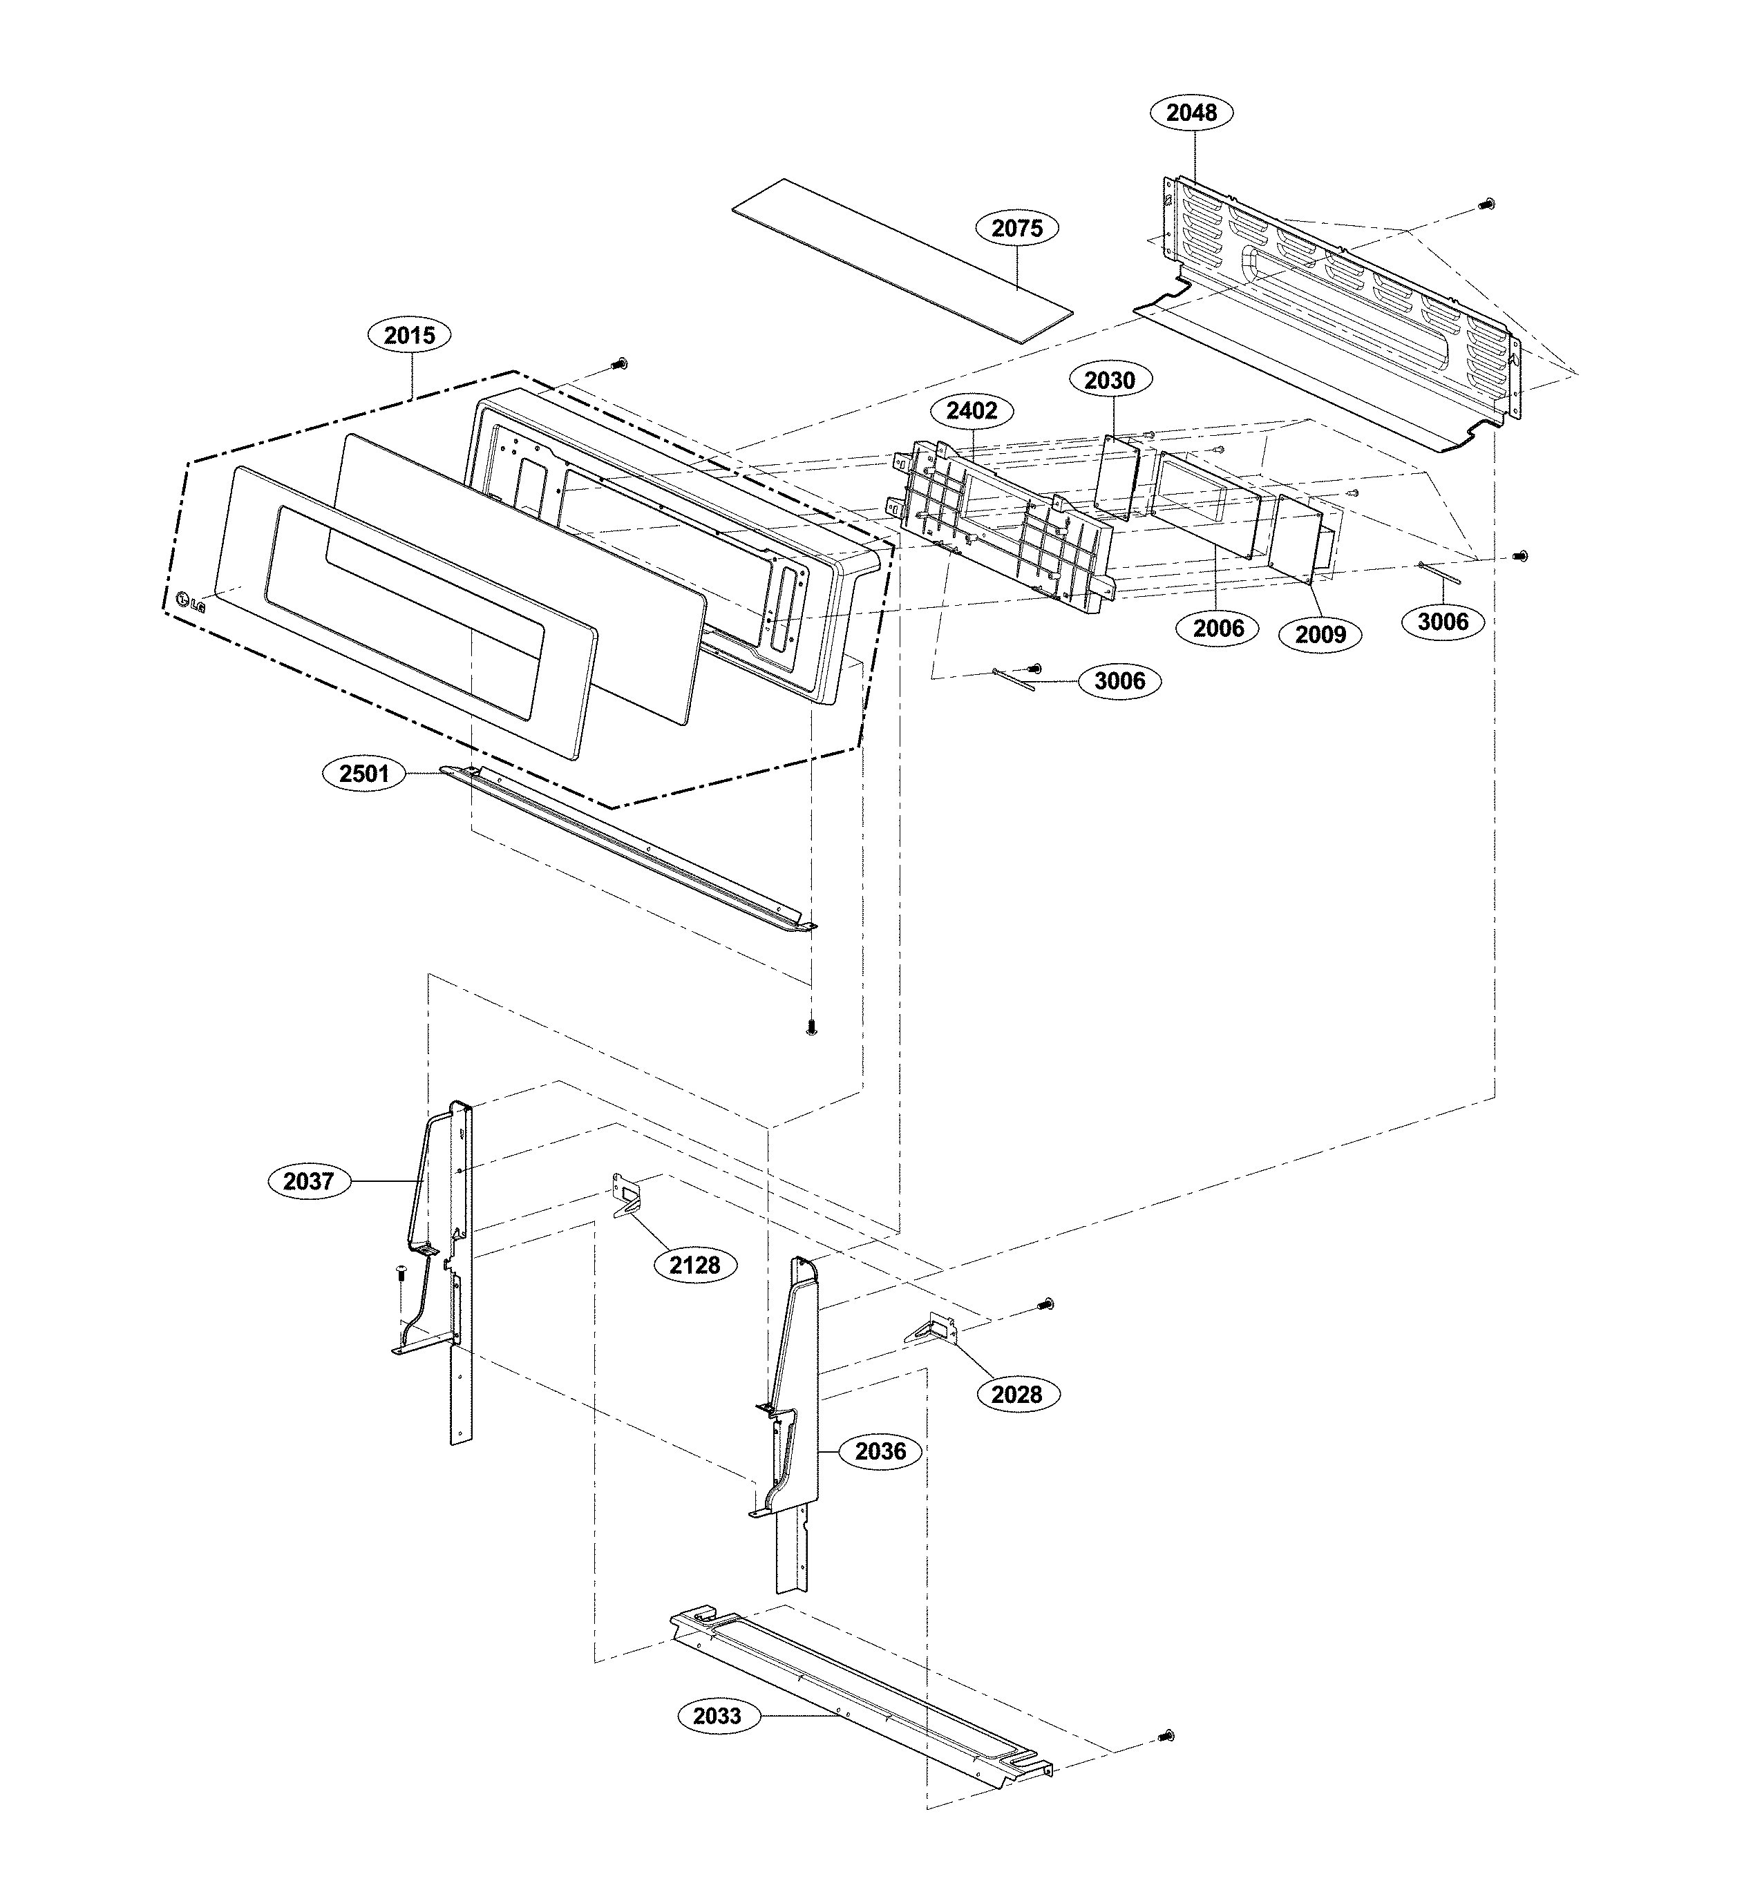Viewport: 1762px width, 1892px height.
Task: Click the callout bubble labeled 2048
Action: point(1190,113)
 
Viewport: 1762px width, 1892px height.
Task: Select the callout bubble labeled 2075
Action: point(1016,229)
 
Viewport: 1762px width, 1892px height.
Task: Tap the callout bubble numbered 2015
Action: point(408,335)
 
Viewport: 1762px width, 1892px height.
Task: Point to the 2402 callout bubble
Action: point(971,411)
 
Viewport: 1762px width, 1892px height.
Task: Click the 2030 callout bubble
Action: point(1109,381)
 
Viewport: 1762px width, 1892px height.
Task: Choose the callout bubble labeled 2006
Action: point(1218,628)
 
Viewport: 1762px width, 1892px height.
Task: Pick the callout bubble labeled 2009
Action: point(1319,634)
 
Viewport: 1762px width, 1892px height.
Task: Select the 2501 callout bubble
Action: point(363,774)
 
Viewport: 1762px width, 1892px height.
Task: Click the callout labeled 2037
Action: point(307,1181)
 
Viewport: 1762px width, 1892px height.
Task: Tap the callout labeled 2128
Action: point(694,1265)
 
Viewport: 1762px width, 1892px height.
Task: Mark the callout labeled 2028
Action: point(1016,1394)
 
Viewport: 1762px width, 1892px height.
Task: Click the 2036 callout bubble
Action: point(880,1451)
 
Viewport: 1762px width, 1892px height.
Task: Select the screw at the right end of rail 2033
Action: point(1166,1736)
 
